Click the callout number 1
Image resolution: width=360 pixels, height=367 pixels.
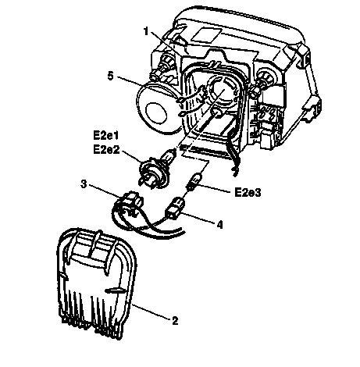[146, 32]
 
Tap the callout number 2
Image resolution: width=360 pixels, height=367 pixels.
[175, 321]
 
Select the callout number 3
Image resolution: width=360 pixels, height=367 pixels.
[84, 184]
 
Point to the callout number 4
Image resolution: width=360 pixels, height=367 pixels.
[220, 225]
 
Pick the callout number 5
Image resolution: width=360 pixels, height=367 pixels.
[111, 77]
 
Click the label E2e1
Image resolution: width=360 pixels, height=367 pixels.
[106, 136]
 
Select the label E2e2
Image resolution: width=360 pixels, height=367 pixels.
[106, 150]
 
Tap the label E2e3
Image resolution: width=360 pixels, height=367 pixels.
[248, 193]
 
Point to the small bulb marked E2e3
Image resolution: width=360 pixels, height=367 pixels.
[194, 181]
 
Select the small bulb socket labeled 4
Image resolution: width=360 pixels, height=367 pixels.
[174, 208]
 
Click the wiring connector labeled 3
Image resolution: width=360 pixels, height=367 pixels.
[132, 202]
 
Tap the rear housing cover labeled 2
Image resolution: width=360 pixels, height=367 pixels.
[96, 283]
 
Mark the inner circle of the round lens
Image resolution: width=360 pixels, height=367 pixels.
[156, 112]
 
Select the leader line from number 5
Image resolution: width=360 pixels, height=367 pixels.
[147, 88]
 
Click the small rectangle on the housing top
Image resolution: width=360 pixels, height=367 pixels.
[206, 34]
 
